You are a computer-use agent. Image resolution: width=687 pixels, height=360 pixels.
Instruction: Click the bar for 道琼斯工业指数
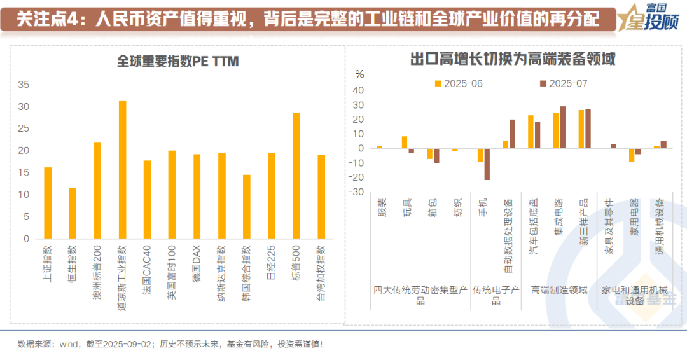click(122, 170)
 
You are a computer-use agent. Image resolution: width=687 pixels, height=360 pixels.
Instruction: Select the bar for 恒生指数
click(73, 213)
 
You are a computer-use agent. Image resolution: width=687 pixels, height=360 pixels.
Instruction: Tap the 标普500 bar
click(296, 176)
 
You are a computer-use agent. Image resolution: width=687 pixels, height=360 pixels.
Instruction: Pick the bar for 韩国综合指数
click(247, 207)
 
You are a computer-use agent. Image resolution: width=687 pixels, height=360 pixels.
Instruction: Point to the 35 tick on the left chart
click(24, 84)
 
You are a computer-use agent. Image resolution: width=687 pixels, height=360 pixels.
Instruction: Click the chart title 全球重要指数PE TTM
click(177, 61)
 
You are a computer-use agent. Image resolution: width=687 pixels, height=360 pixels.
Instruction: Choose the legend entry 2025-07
click(564, 83)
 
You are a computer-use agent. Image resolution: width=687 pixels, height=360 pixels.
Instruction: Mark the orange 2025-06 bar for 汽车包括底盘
click(531, 132)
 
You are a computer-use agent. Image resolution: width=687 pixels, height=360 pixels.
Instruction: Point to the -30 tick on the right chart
click(357, 192)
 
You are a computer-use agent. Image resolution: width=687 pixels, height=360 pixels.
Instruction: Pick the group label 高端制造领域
click(559, 290)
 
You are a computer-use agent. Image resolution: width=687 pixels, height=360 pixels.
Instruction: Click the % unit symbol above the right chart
click(359, 74)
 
